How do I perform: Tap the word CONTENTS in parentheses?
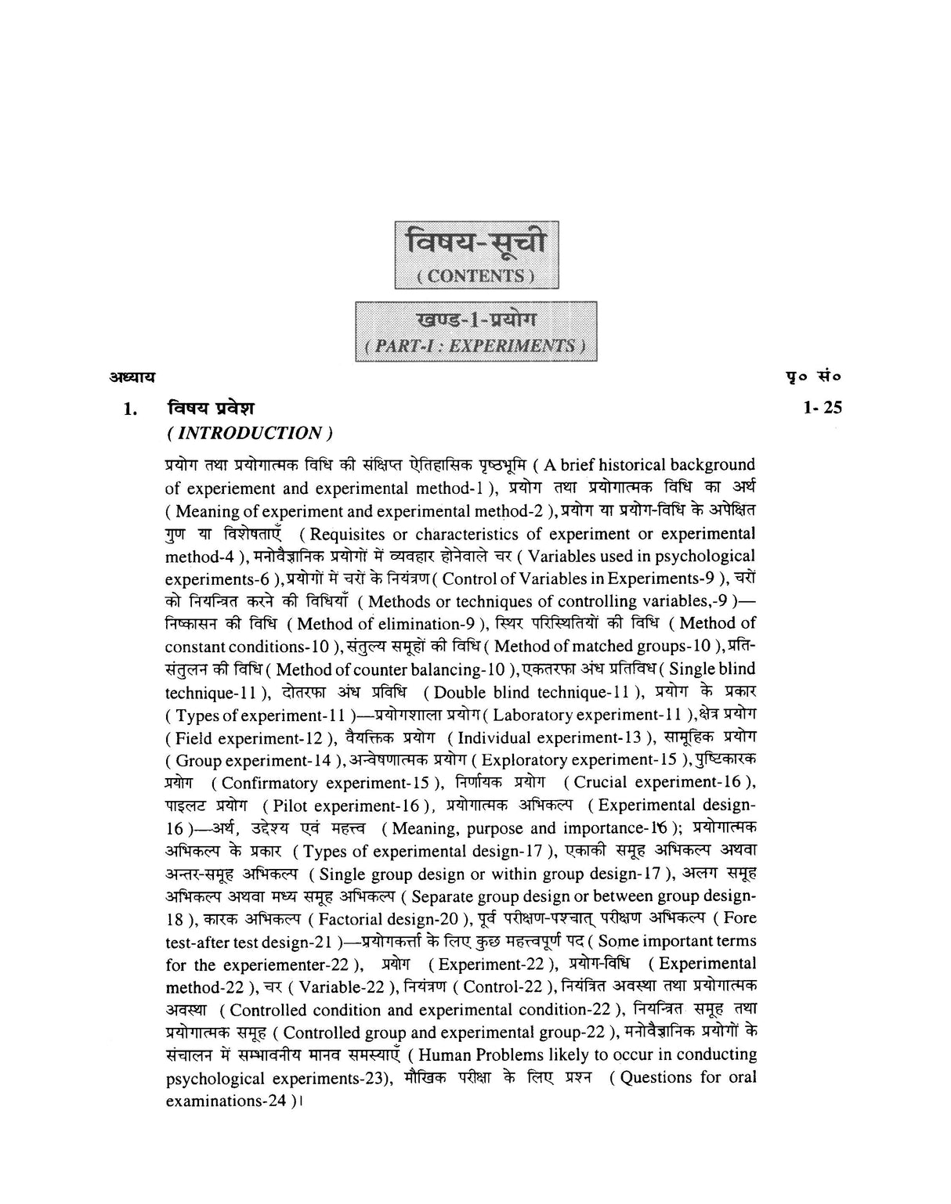click(475, 276)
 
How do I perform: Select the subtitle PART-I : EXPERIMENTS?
click(475, 346)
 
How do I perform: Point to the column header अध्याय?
click(132, 377)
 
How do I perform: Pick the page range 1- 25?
click(822, 407)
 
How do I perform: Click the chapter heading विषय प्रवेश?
click(211, 408)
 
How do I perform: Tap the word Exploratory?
click(525, 760)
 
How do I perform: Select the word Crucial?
click(602, 783)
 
